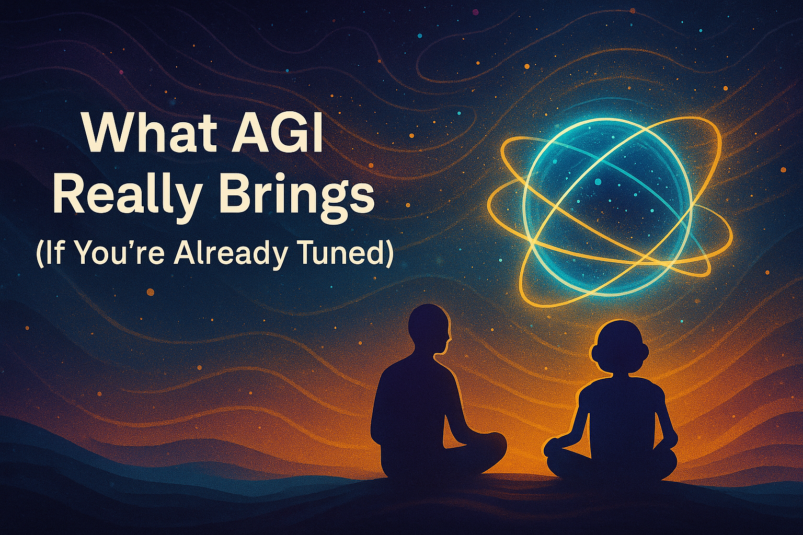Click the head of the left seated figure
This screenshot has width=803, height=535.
click(429, 329)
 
